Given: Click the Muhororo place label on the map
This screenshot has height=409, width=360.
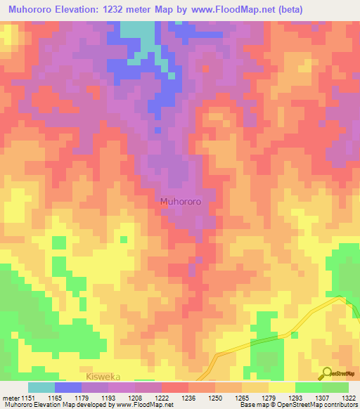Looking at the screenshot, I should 181,201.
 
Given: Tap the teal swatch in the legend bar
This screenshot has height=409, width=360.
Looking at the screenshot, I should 41,387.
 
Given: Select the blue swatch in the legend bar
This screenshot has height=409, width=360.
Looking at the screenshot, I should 68,387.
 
